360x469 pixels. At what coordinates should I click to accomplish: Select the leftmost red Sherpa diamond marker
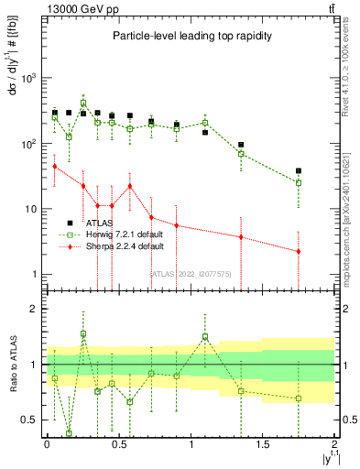click(55, 166)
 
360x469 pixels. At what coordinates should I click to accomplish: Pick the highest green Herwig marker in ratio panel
click(83, 333)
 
